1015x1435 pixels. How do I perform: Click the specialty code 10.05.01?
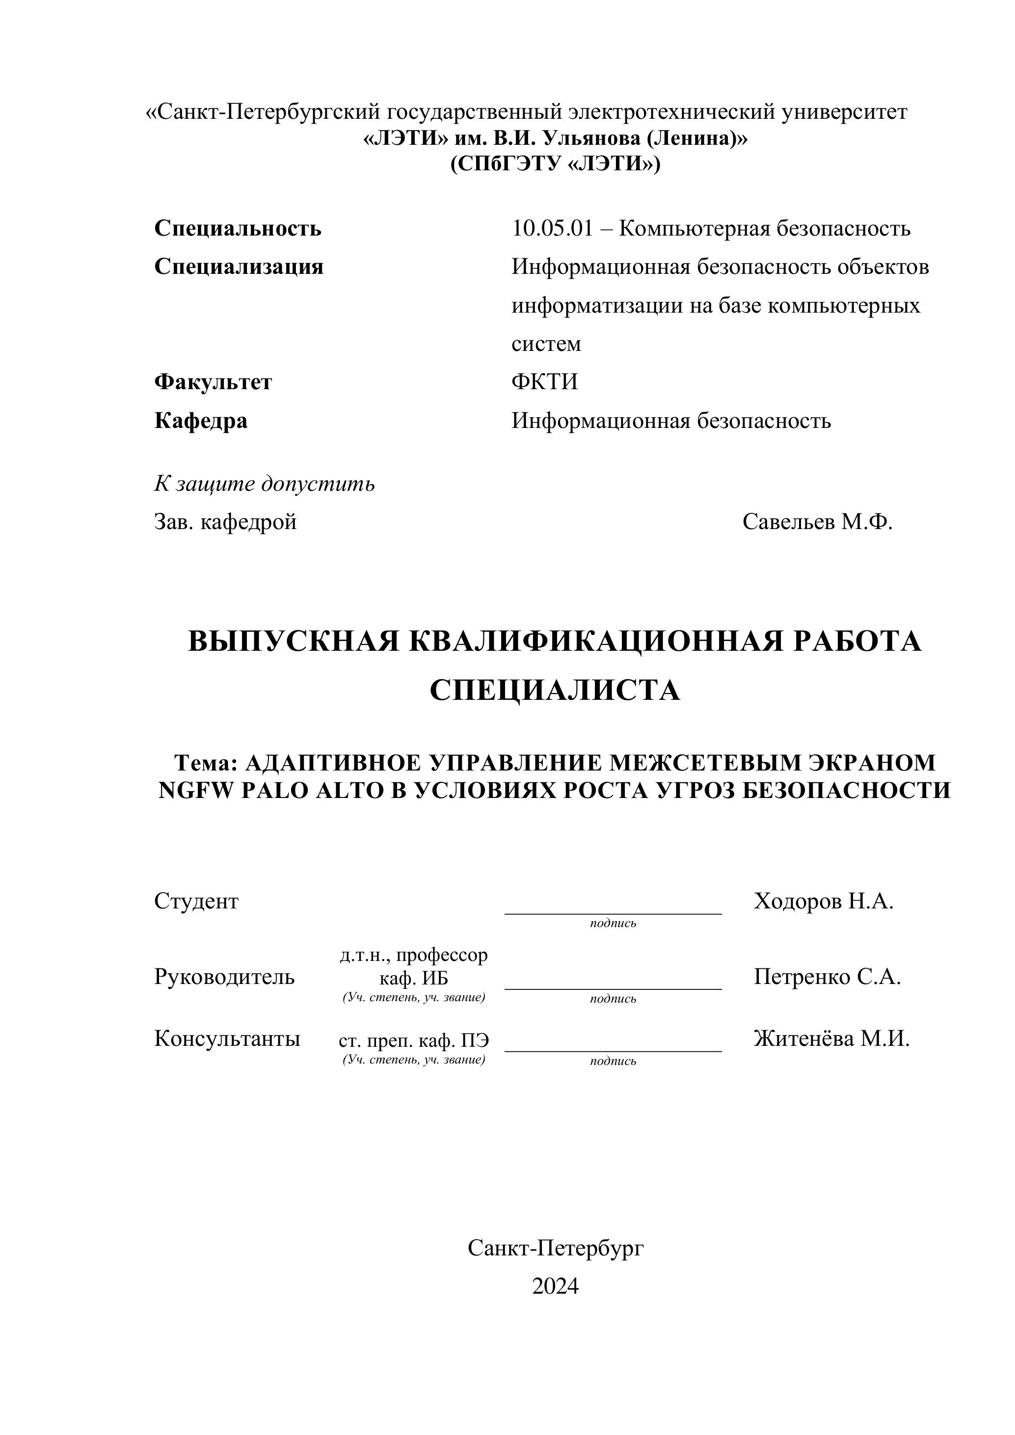[551, 229]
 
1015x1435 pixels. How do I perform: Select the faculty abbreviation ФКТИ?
[544, 382]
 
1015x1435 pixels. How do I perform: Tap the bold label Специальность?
[238, 229]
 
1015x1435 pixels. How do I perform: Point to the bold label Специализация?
[239, 267]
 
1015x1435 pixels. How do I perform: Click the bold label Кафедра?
[201, 421]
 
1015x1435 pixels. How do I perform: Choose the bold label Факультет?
[213, 382]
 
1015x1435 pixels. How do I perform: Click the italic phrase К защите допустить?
[265, 484]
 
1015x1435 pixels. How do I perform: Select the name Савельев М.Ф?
[817, 521]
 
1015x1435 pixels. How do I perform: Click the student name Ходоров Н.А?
[823, 901]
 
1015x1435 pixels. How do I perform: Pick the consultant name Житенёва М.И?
[831, 1039]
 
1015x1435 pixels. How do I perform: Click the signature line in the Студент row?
[613, 913]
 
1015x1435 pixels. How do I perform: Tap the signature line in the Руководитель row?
[613, 989]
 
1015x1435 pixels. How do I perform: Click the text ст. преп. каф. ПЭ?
[414, 1040]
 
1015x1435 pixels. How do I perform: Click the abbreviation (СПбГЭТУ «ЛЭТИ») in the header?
[555, 164]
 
